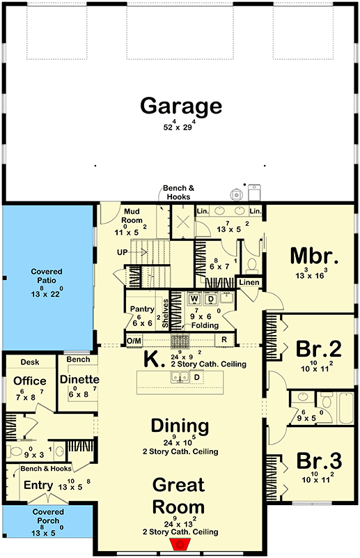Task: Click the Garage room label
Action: [x=181, y=106]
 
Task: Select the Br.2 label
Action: [x=317, y=348]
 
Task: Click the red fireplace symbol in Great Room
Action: [x=181, y=543]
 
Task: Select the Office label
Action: [x=30, y=381]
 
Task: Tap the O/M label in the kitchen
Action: [x=134, y=340]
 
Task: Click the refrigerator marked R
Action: [x=225, y=340]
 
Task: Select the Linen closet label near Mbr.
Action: [x=249, y=282]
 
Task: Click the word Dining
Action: [x=181, y=426]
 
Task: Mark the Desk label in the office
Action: [x=29, y=362]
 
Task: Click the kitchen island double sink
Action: [x=180, y=378]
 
